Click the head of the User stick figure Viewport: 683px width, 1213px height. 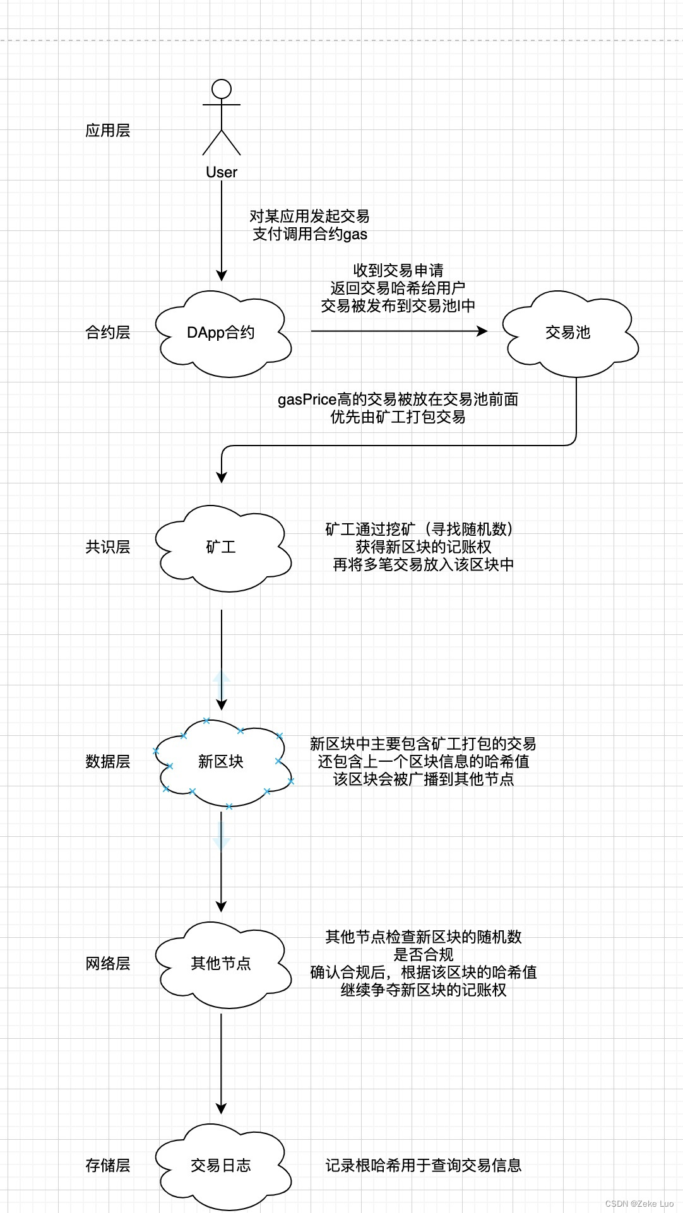221,89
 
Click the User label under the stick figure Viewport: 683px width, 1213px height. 222,172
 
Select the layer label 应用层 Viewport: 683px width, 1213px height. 107,131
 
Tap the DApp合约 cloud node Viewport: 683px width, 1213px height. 221,333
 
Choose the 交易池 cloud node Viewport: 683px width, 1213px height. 567,333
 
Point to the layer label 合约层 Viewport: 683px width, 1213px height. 107,333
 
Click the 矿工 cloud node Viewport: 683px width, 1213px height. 221,547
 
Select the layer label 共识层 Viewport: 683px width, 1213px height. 107,547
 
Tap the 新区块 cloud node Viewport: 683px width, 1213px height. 221,762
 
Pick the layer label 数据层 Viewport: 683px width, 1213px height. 107,762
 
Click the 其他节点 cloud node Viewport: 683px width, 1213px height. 221,964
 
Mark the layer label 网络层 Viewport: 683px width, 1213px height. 107,964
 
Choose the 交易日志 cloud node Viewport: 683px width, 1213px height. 221,1166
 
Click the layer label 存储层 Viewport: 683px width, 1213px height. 107,1166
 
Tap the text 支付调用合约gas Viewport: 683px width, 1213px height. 310,234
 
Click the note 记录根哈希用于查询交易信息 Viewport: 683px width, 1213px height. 423,1166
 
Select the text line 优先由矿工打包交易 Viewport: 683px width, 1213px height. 398,417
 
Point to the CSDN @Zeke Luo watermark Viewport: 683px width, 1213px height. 639,1204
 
